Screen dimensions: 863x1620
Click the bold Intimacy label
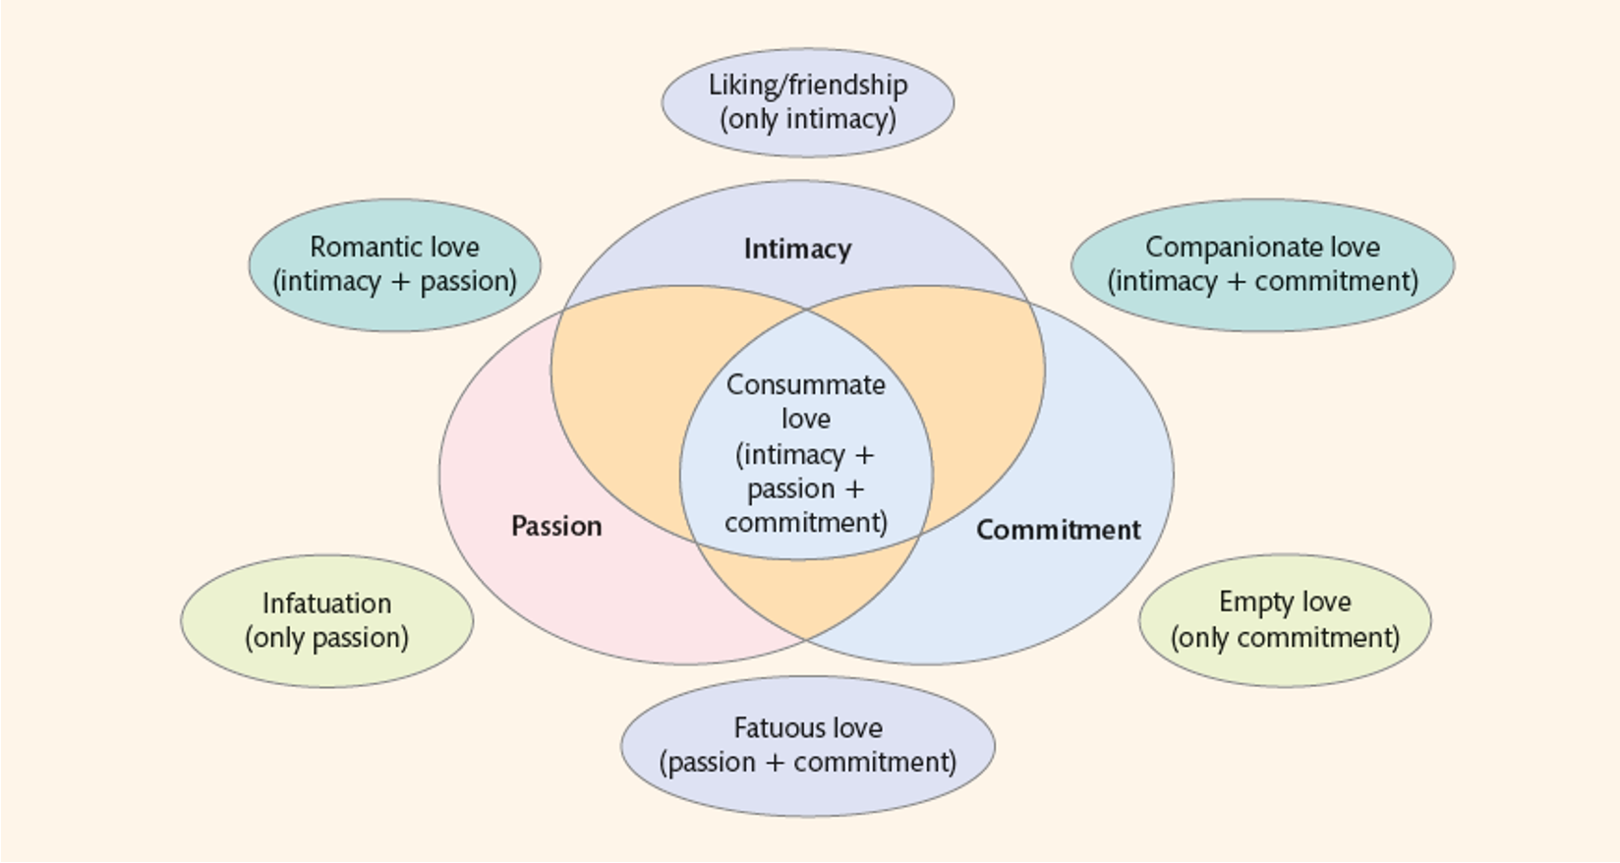[x=797, y=249]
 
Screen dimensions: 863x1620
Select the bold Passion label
[x=556, y=526]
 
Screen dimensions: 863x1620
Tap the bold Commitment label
[x=1058, y=530]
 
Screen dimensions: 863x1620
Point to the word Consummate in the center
[x=805, y=384]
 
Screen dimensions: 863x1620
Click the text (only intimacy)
[x=807, y=120]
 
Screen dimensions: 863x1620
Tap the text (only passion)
[x=326, y=638]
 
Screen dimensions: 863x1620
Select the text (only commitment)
[x=1285, y=638]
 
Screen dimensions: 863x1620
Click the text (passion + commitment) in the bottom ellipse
[x=807, y=763]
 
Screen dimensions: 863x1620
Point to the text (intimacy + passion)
[x=394, y=282]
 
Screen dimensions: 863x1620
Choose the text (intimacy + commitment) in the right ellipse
[x=1262, y=282]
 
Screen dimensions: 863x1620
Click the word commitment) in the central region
[x=805, y=522]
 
